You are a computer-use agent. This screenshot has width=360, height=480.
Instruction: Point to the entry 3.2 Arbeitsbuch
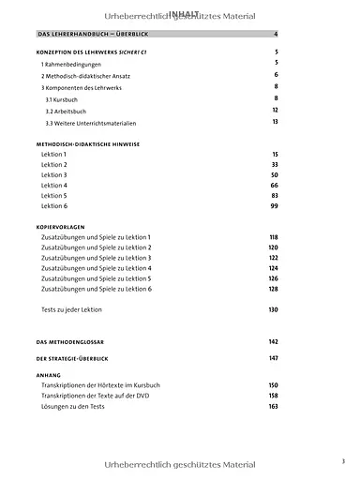66,111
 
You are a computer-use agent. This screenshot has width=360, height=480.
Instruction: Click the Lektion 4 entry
54,186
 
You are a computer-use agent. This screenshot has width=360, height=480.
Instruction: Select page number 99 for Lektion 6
275,205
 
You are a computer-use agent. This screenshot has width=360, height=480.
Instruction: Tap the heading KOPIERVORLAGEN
61,226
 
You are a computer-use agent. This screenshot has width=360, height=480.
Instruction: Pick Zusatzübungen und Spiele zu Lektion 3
96,258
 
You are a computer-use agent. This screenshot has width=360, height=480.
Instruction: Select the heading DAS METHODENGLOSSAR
72,341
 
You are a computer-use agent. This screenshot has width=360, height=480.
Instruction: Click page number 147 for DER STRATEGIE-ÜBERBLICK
274,358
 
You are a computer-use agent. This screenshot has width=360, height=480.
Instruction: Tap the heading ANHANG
48,374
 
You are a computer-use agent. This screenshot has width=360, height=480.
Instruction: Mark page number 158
274,397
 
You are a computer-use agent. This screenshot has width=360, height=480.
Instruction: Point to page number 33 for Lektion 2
275,164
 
